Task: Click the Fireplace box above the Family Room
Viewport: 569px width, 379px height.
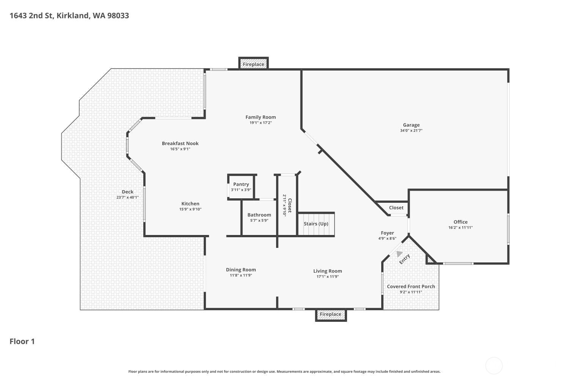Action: pos(253,64)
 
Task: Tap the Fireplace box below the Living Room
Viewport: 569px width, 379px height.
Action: pos(330,314)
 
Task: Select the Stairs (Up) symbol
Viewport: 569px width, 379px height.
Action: pos(316,224)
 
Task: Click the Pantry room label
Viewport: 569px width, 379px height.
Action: pos(241,184)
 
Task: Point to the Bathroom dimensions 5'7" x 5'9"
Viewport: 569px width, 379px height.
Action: pos(259,221)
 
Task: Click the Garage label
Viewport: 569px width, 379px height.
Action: pos(411,125)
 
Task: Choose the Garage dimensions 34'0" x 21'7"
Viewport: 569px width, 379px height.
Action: pos(411,131)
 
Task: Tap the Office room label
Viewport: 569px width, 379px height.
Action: pos(461,222)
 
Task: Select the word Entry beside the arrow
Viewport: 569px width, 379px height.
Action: pos(405,259)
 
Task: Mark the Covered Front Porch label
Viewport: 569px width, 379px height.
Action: pos(411,287)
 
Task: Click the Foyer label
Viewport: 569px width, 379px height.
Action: pos(387,233)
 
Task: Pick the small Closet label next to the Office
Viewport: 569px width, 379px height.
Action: pos(396,208)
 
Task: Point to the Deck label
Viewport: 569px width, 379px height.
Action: pos(127,192)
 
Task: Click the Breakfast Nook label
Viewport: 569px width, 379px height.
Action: pos(180,143)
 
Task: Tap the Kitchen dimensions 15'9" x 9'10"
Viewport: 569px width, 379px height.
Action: pos(190,209)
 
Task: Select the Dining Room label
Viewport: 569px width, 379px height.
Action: pos(241,270)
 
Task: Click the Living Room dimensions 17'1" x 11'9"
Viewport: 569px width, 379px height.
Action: pos(328,277)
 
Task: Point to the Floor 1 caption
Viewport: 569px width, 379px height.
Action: pos(22,341)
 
